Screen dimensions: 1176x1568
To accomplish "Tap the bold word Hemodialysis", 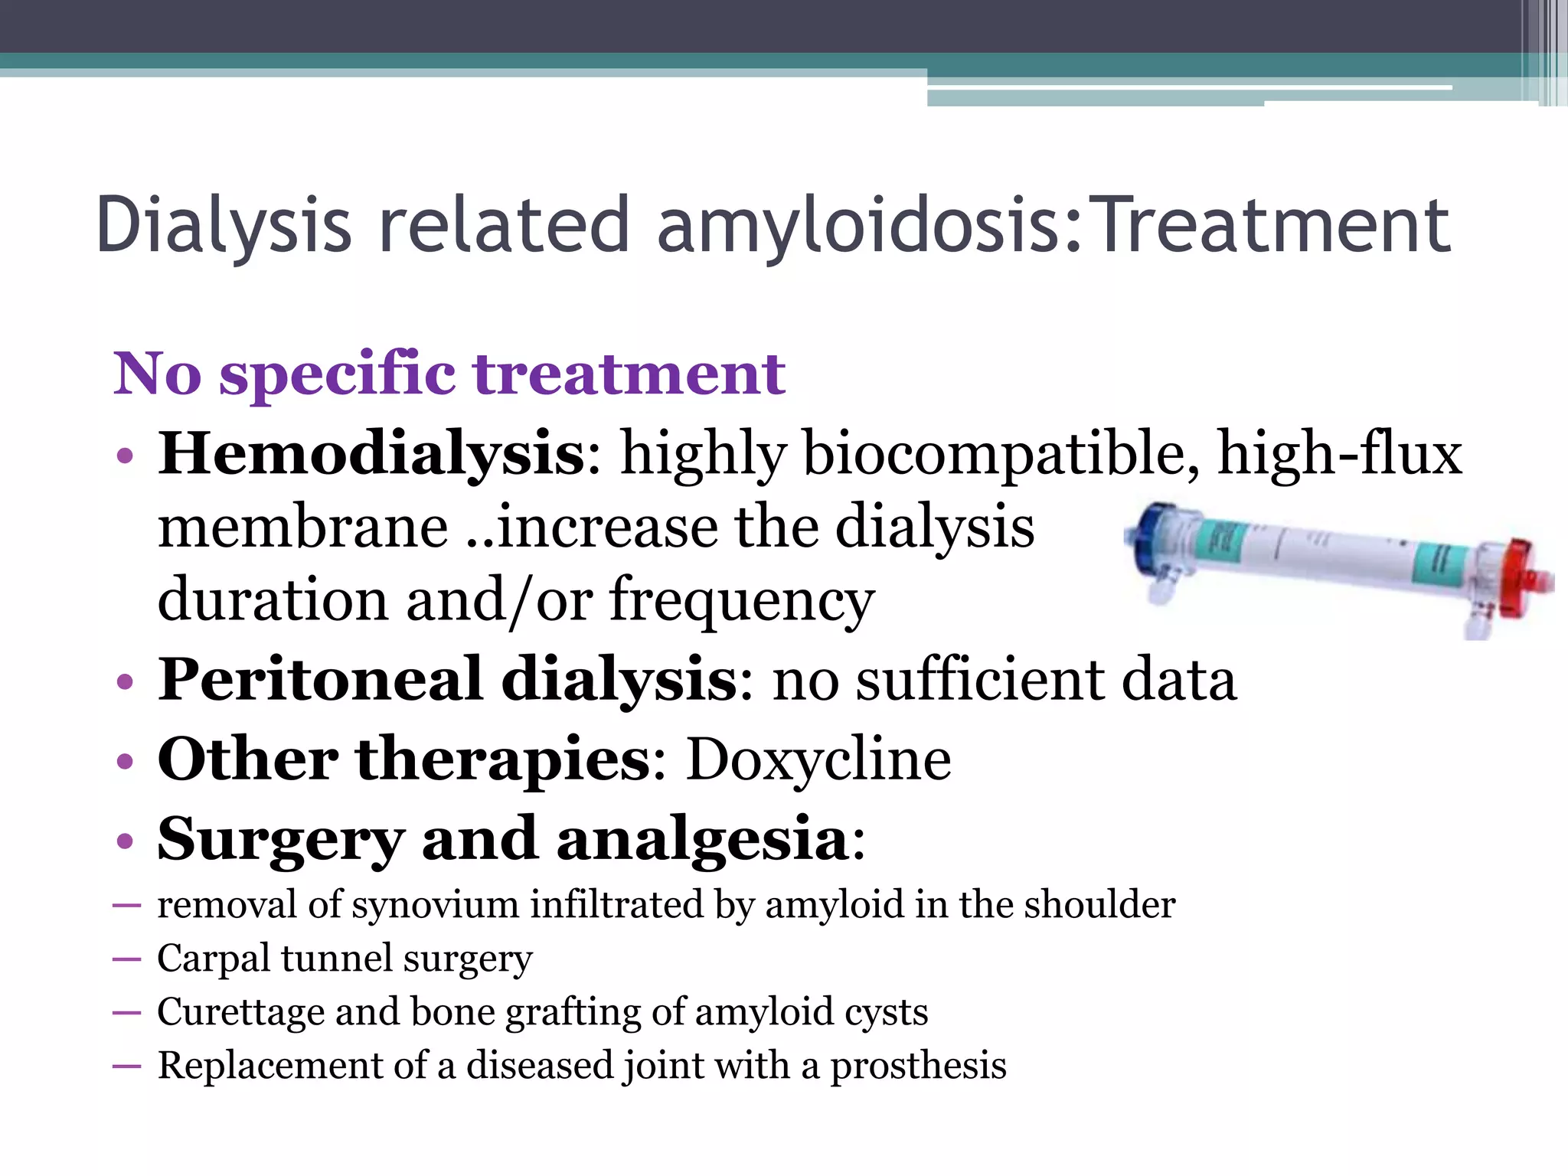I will click(x=371, y=454).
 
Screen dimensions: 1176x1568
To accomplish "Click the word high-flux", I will click(x=1340, y=454).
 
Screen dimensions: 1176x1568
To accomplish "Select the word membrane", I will click(x=302, y=528).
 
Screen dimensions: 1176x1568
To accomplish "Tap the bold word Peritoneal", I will click(x=320, y=679).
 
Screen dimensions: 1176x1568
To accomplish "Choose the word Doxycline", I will click(x=818, y=759).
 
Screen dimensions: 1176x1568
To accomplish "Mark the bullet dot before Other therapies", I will click(x=126, y=762).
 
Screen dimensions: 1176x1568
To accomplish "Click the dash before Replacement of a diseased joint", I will click(x=126, y=1066).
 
